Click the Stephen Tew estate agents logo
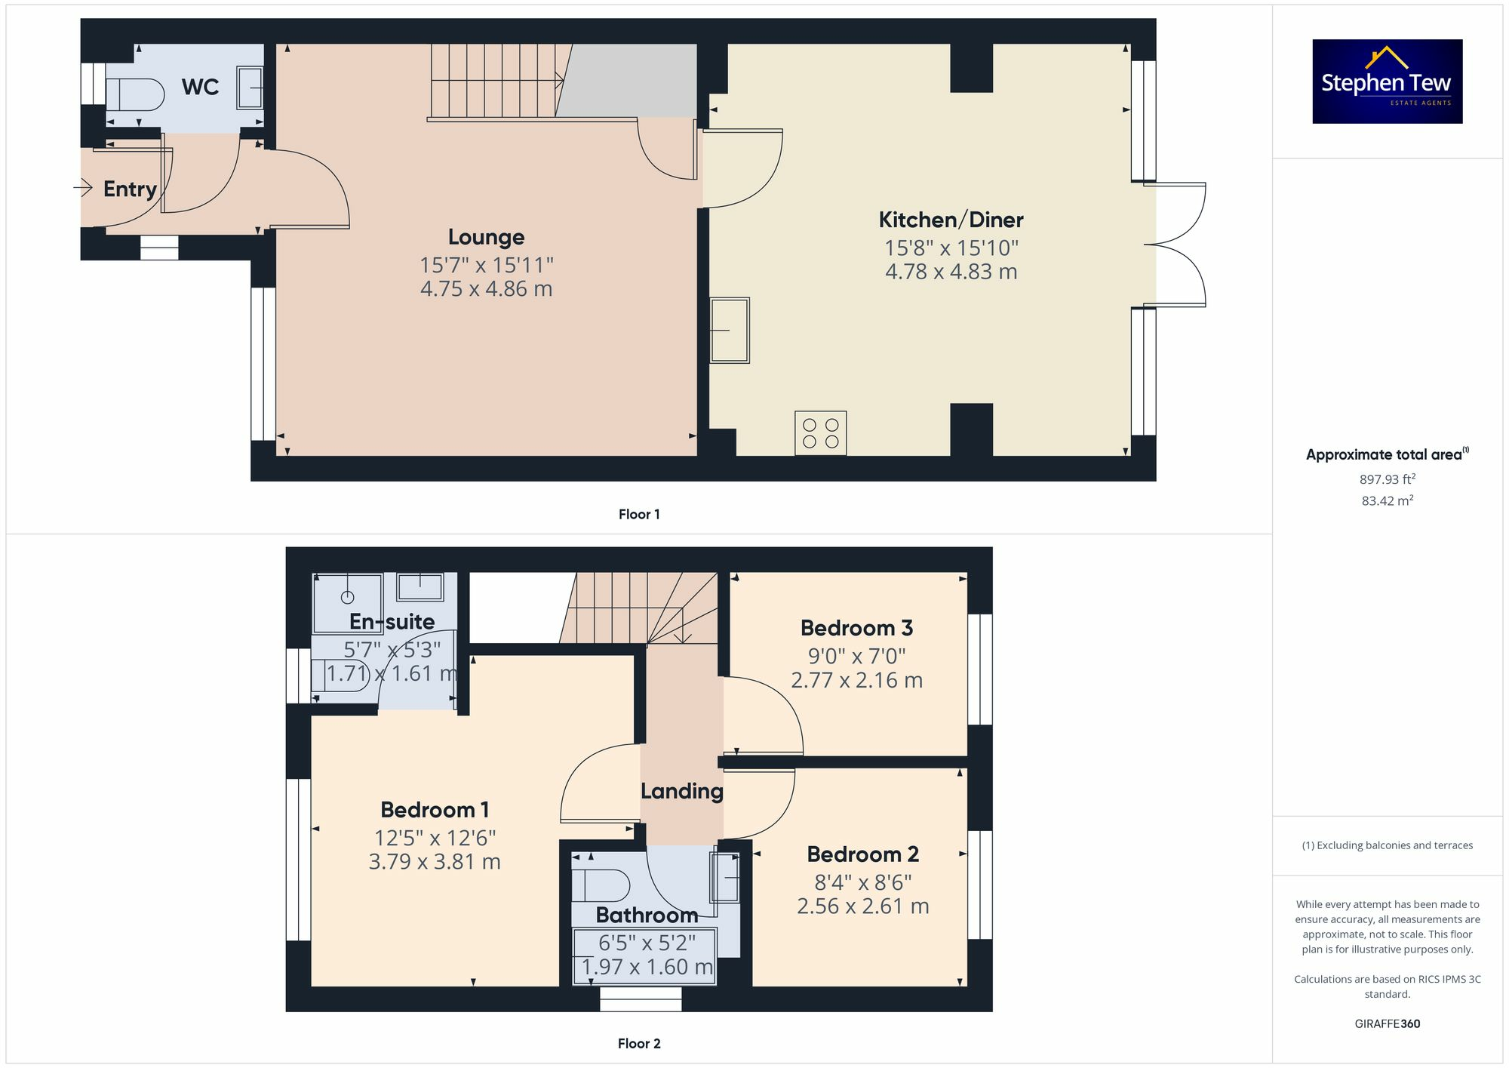pyautogui.click(x=1387, y=82)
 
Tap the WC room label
pyautogui.click(x=200, y=88)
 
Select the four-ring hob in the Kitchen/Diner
pyautogui.click(x=820, y=433)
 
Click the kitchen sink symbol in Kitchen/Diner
pyautogui.click(x=730, y=330)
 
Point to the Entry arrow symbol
pyautogui.click(x=83, y=187)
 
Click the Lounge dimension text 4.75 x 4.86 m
pyautogui.click(x=486, y=289)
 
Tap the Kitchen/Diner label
pyautogui.click(x=951, y=220)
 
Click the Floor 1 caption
pyautogui.click(x=638, y=515)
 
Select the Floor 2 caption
pyautogui.click(x=638, y=1044)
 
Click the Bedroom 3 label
pyautogui.click(x=856, y=628)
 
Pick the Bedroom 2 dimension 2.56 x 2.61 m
pyautogui.click(x=862, y=906)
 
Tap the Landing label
pyautogui.click(x=681, y=791)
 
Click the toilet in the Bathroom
pyautogui.click(x=600, y=885)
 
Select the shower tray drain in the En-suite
pyautogui.click(x=348, y=597)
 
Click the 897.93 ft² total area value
pyautogui.click(x=1387, y=479)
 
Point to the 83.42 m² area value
pyautogui.click(x=1387, y=501)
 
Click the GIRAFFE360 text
pyautogui.click(x=1387, y=1024)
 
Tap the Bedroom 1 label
pyautogui.click(x=435, y=810)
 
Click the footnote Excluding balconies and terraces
pyautogui.click(x=1387, y=845)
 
